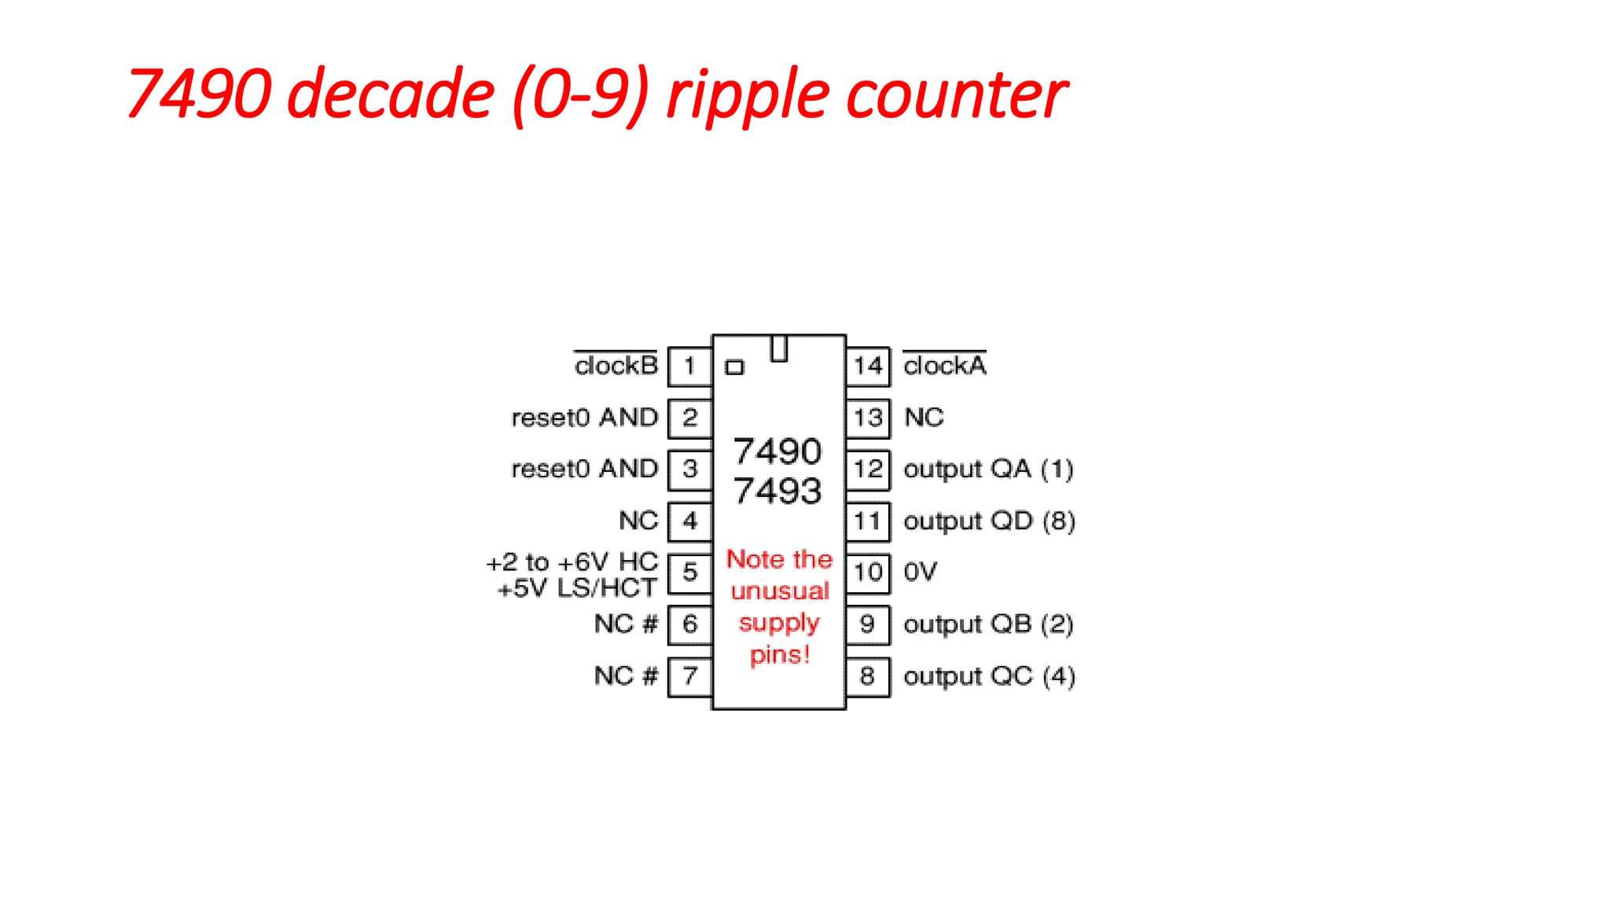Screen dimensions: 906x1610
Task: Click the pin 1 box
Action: coord(689,366)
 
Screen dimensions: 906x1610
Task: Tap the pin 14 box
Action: coord(868,366)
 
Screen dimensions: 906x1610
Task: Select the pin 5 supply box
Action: coord(689,573)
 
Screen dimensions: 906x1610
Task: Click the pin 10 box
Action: coord(868,573)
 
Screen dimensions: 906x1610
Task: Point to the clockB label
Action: coord(616,366)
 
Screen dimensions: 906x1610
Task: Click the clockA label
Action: coord(944,366)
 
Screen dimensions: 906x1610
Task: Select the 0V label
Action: coord(920,572)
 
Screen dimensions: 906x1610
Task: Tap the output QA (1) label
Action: coord(988,470)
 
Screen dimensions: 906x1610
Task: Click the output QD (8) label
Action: coord(989,521)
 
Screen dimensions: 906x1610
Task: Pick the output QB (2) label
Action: coord(988,624)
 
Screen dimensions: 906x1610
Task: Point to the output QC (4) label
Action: coord(989,676)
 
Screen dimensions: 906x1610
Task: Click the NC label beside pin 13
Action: coord(924,418)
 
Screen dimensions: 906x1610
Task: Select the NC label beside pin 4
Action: coord(638,521)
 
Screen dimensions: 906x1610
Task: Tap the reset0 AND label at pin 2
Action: coord(584,418)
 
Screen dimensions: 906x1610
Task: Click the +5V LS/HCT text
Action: coord(577,588)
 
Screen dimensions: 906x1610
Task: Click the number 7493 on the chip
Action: coord(777,492)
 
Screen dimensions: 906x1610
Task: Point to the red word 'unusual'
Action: coord(779,591)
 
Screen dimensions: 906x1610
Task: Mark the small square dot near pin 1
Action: coord(734,367)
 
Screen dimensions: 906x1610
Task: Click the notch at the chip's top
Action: coord(778,348)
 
